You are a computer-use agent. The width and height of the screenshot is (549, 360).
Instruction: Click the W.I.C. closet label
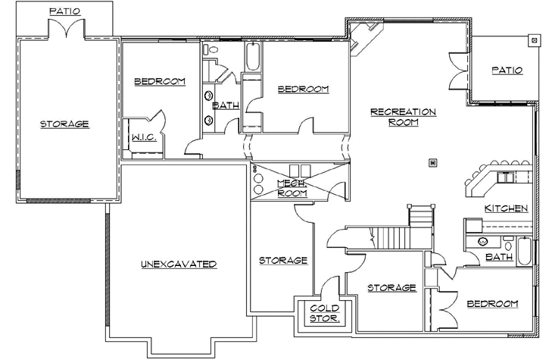143,138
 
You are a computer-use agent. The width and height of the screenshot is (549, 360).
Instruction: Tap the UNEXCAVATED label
179,264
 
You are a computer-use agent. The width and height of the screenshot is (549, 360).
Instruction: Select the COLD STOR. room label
325,313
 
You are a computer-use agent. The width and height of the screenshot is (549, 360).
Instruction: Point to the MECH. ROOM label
292,188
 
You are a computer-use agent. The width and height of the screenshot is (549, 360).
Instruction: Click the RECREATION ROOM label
403,117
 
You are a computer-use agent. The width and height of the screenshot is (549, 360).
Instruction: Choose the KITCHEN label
506,208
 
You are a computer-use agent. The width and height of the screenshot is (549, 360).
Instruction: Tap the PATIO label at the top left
66,11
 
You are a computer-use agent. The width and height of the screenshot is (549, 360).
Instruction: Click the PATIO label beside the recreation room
507,70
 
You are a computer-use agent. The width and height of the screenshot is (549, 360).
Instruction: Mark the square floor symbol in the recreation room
432,161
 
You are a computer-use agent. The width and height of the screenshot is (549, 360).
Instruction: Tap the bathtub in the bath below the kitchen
526,251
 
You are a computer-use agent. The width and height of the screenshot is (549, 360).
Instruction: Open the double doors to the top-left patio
66,30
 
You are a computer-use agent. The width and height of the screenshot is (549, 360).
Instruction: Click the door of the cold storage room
328,290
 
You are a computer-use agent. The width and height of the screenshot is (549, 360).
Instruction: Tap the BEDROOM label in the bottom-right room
492,304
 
